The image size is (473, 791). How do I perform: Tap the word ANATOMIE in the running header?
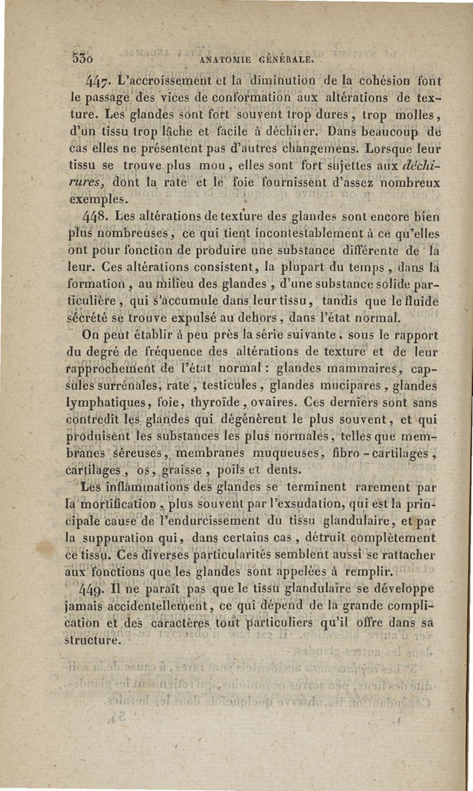click(228, 60)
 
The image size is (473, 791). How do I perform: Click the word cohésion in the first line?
click(374, 80)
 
